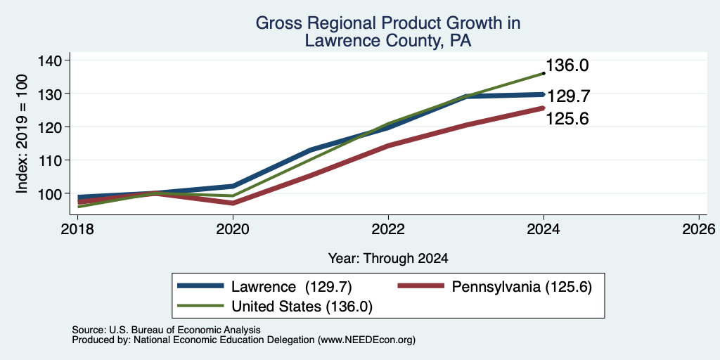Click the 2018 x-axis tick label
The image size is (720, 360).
tap(77, 229)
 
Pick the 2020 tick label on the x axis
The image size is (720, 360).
tap(233, 229)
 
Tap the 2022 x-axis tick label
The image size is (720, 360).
tap(388, 229)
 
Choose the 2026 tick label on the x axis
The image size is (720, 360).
tap(699, 229)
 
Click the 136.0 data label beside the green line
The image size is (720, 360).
tap(567, 65)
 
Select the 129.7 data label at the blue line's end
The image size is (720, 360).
tap(567, 96)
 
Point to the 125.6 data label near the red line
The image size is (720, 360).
tap(567, 120)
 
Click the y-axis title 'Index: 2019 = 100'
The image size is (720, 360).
tap(22, 134)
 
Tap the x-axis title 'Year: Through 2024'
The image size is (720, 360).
tap(388, 259)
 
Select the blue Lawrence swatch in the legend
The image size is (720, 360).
tap(201, 286)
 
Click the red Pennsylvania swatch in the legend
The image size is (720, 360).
tap(421, 286)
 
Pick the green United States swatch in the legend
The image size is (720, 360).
tap(201, 306)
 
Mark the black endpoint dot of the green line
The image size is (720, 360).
tap(544, 73)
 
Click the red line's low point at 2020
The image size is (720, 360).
tap(233, 203)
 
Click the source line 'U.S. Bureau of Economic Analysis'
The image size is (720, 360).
tap(185, 330)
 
